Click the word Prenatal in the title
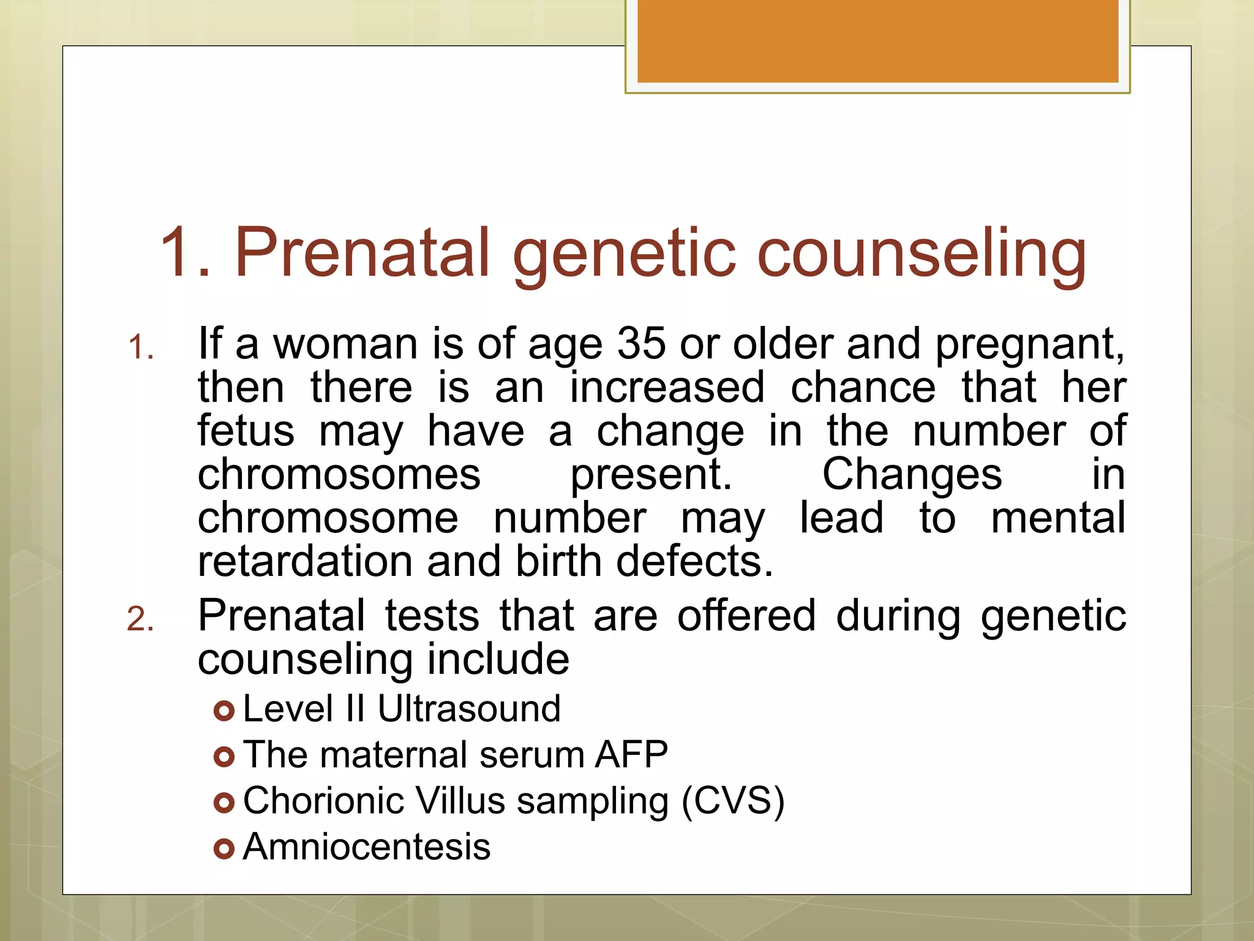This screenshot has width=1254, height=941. point(362,252)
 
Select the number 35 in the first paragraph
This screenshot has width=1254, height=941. point(640,344)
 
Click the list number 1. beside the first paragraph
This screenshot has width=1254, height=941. point(140,348)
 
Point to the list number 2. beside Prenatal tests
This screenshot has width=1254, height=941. point(140,619)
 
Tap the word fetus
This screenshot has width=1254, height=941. point(246,431)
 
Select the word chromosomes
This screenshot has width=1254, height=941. point(339,475)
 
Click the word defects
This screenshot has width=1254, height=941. point(694,561)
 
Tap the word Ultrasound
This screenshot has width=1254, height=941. point(468,709)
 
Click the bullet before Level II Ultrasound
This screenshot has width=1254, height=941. point(224,711)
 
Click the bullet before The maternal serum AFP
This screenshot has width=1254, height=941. point(224,757)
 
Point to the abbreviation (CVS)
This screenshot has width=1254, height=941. point(733,801)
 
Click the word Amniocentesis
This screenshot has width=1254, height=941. point(367,847)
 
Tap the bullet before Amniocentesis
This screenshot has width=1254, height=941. point(224,849)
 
